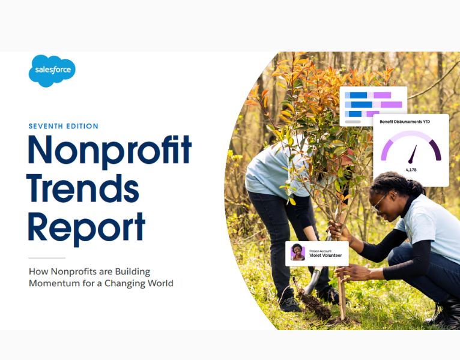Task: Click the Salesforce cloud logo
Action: (x=52, y=70)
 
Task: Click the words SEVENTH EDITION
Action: (x=63, y=126)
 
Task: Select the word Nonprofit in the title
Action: (x=109, y=152)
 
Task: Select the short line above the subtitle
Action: (x=46, y=258)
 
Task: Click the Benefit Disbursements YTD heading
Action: (x=405, y=122)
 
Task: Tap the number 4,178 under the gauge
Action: (x=411, y=170)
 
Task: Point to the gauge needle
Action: (x=412, y=155)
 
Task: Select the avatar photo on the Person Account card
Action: (x=298, y=253)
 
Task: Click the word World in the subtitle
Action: (x=157, y=283)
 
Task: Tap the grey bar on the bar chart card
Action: (x=353, y=122)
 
